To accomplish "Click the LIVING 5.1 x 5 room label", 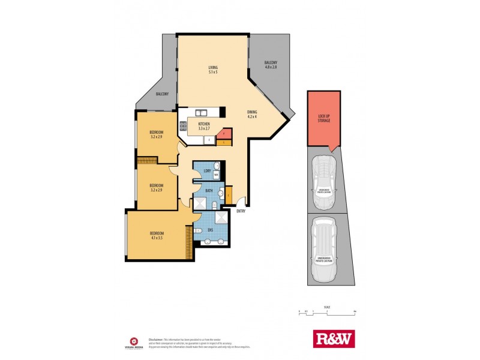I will coord(213,70).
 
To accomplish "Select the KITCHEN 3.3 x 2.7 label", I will coord(203,126).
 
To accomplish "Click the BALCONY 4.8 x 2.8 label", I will coord(271,65).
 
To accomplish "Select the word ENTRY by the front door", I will coord(241,211).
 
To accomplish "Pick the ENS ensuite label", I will coord(210,229).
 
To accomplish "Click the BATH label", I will coord(209,191).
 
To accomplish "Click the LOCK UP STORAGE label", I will coord(324,118).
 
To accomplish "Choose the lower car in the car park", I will coord(324,249).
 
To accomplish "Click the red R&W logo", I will coord(334,338).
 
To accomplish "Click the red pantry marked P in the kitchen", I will coord(223,133).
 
